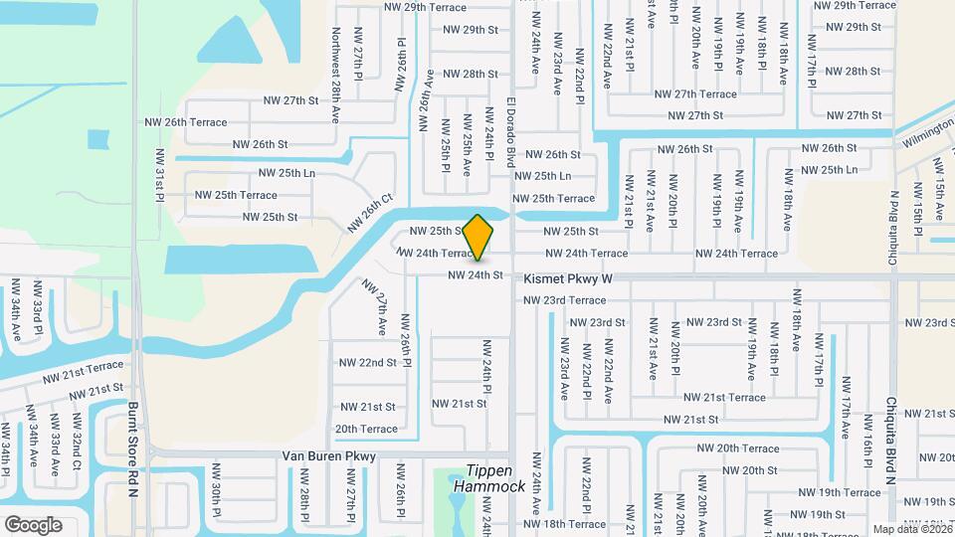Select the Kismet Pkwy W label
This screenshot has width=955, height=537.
pos(567,280)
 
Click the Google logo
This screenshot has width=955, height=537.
pos(34,525)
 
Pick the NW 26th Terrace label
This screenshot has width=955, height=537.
pos(196,122)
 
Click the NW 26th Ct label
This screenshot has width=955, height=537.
pos(371,213)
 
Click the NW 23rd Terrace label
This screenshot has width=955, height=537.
pos(564,300)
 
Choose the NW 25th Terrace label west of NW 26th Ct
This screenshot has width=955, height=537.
pos(236,195)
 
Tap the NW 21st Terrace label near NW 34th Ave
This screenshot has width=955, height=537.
pos(83,371)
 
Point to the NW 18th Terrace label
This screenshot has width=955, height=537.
pos(564,524)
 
